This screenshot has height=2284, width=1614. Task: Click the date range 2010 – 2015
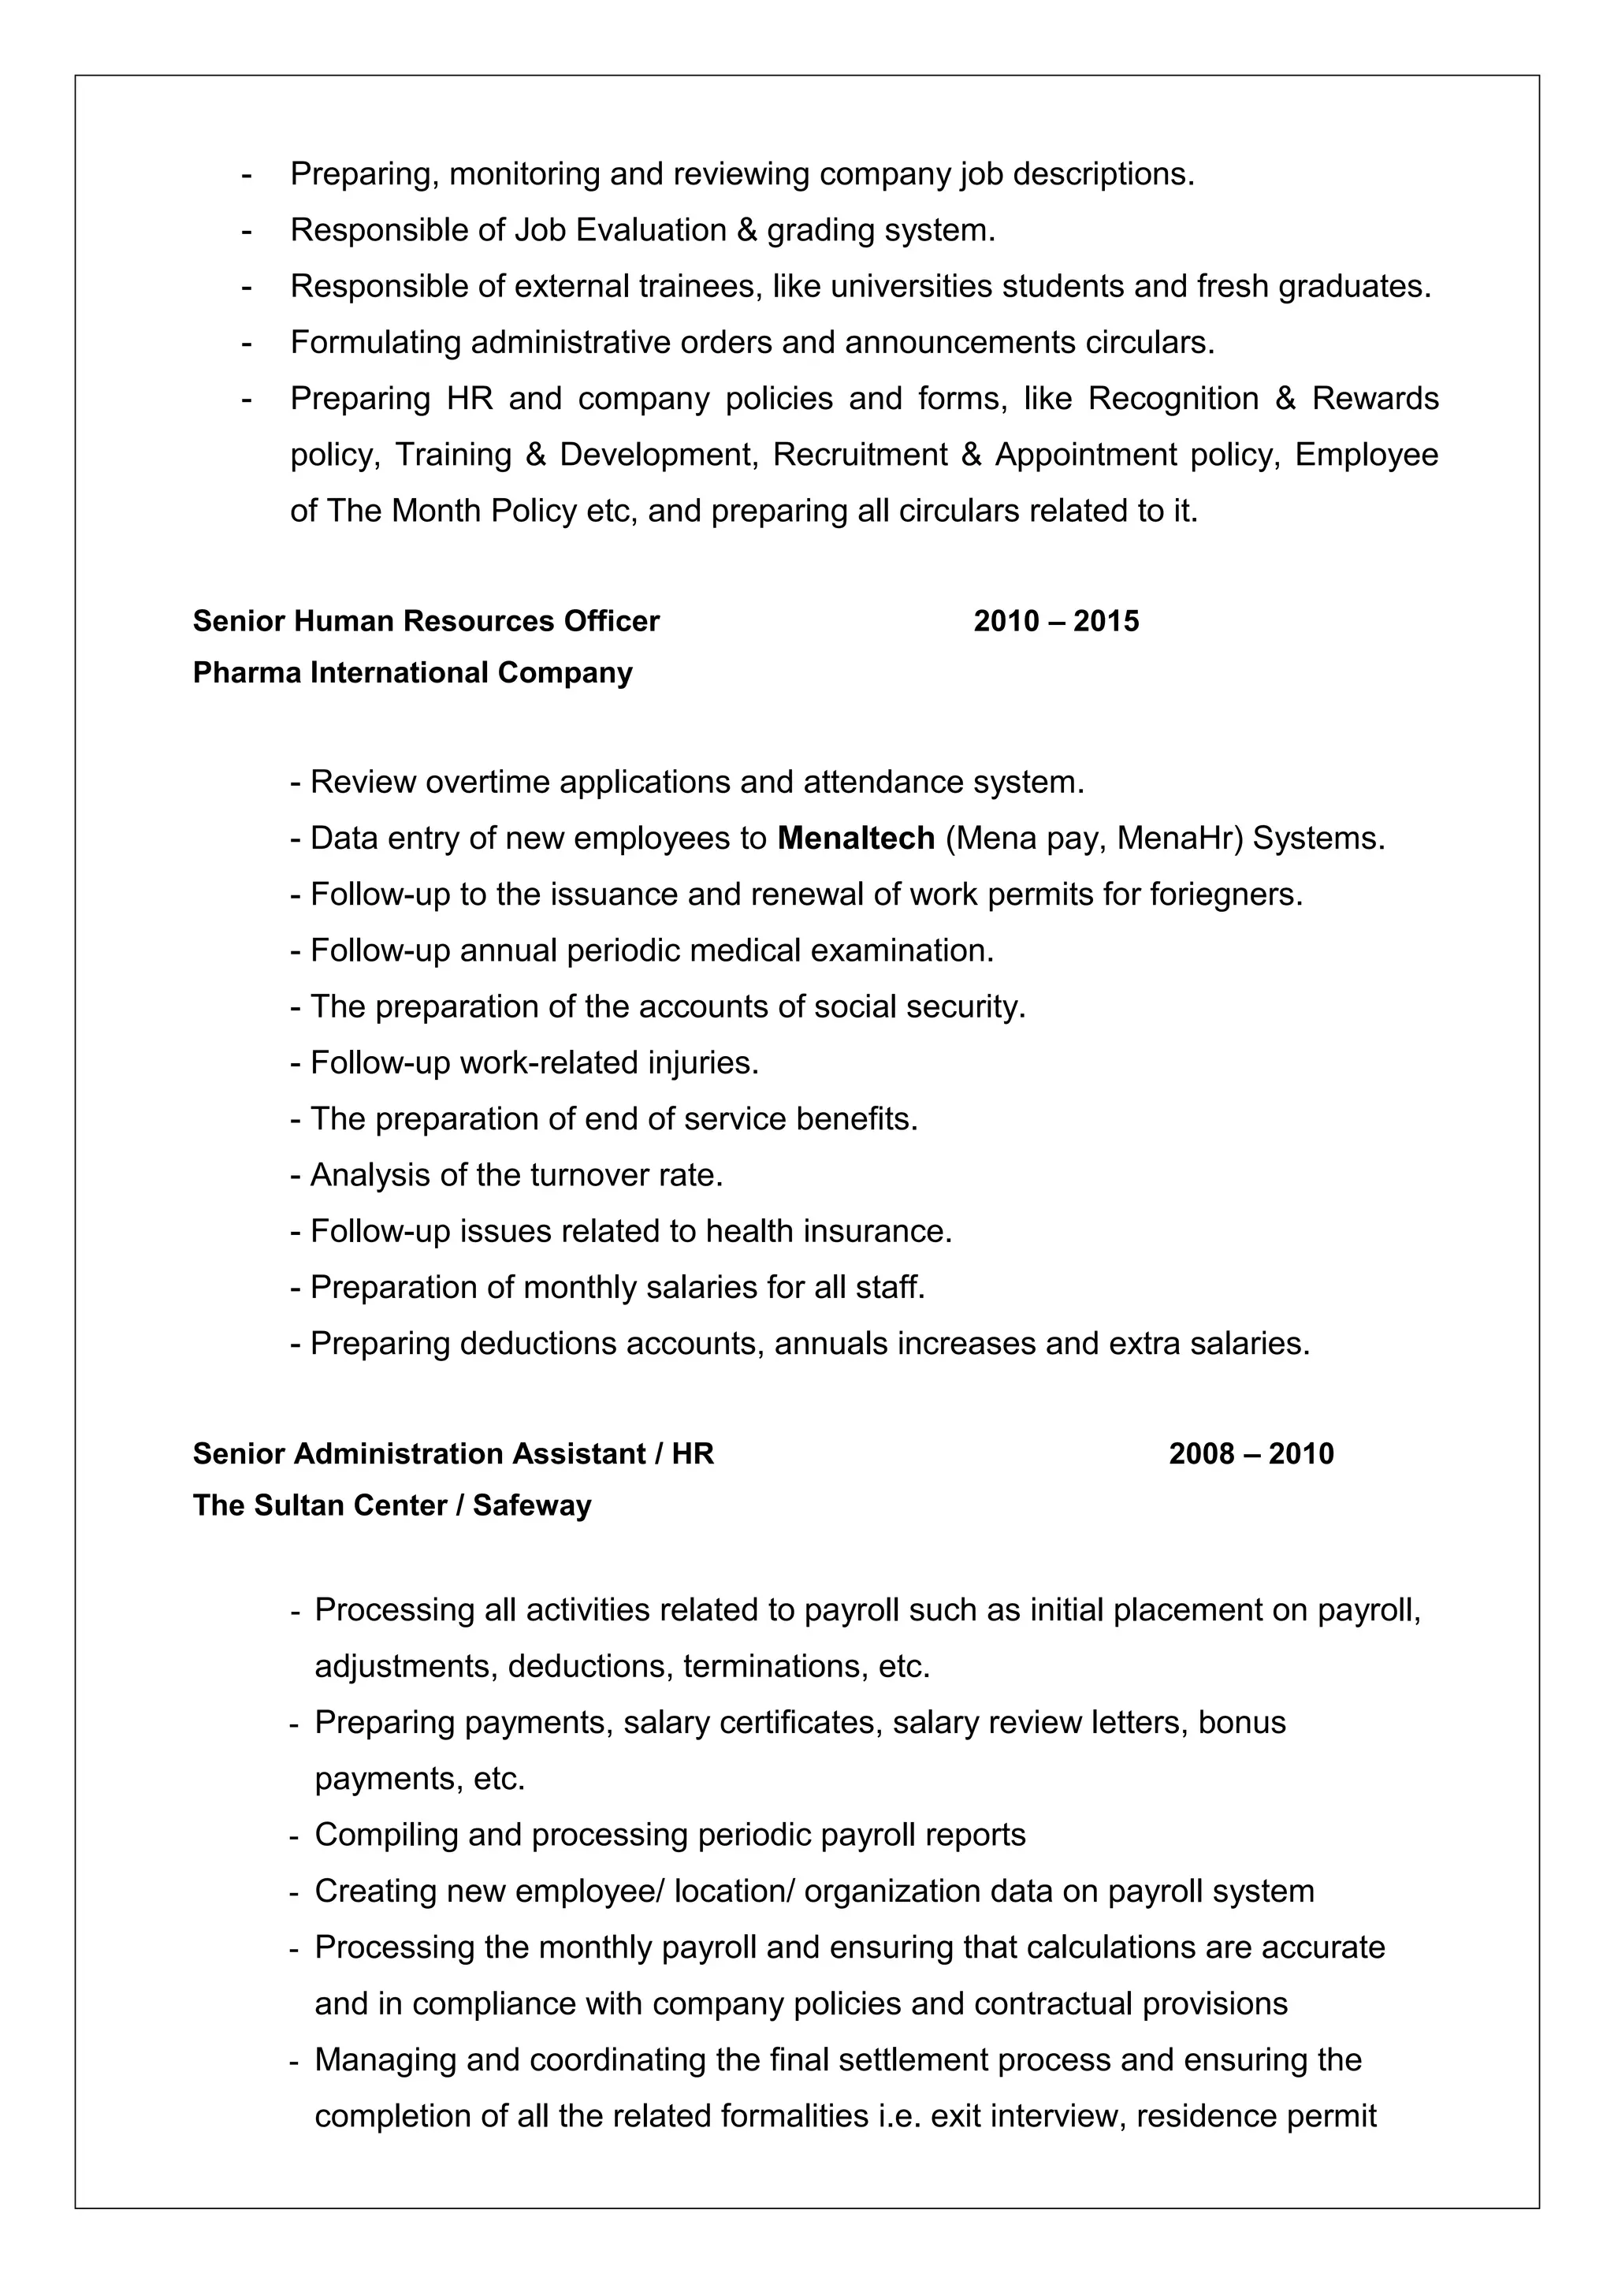1055,621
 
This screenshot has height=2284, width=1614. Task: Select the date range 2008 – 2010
1250,1453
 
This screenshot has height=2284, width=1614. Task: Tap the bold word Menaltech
855,838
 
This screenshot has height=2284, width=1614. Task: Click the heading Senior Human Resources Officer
426,621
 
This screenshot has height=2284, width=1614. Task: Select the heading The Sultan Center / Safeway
392,1505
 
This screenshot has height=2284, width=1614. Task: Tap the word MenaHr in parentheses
1180,838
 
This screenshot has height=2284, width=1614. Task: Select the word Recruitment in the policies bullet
859,455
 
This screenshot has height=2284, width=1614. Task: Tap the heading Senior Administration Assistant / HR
452,1453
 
